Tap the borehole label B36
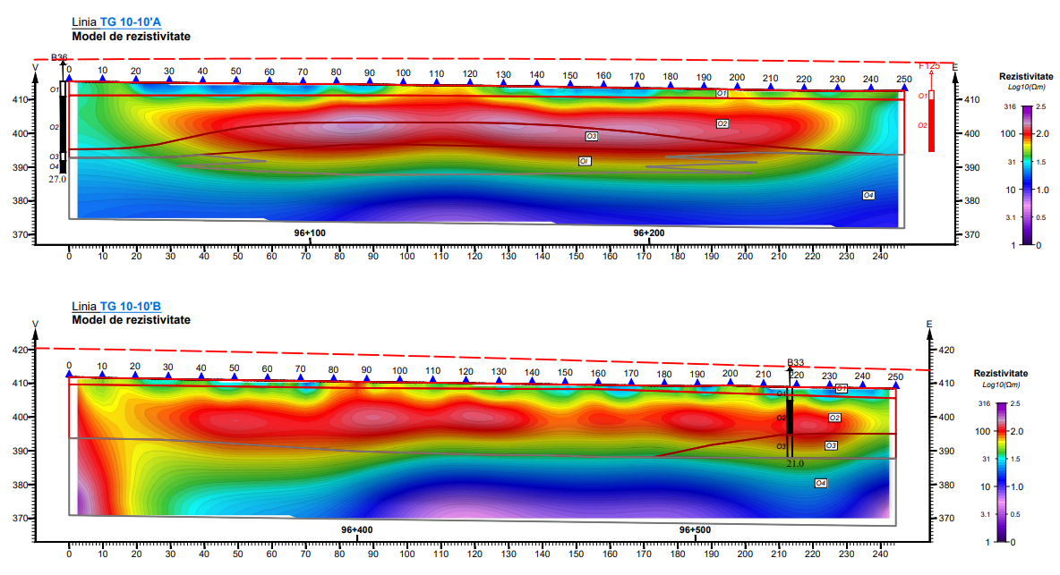[59, 57]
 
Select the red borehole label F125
[929, 66]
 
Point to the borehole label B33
[796, 363]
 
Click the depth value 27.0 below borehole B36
[57, 179]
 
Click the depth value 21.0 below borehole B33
[795, 464]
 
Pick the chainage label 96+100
[310, 233]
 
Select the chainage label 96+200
[649, 233]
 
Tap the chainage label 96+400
[356, 530]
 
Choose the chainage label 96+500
[695, 530]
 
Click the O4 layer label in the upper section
[868, 195]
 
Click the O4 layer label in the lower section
[820, 483]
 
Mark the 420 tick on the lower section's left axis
[18, 351]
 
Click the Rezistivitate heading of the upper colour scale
[1026, 77]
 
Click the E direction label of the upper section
[954, 67]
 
